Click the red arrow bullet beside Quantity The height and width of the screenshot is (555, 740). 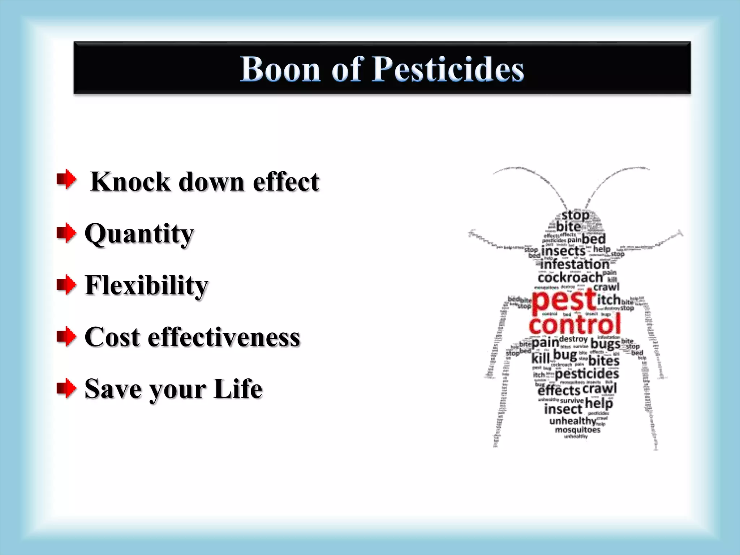tap(66, 233)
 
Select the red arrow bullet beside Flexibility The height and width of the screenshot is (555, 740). tap(66, 285)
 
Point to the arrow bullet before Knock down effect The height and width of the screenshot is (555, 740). tap(66, 179)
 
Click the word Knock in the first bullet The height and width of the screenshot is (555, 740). tap(130, 181)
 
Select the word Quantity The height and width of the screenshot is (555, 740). tap(139, 234)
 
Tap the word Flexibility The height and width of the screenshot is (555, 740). tap(146, 285)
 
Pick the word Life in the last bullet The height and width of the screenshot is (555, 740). tap(238, 389)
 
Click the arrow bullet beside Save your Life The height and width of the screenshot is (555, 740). tap(66, 388)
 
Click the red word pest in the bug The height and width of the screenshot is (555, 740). tap(564, 301)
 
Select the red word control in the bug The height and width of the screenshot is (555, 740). tap(575, 324)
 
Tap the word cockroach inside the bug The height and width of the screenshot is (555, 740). tap(570, 277)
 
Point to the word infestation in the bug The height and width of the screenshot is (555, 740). tap(575, 264)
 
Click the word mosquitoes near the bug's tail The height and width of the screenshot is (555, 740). tap(577, 430)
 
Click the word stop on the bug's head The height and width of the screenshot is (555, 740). tap(575, 215)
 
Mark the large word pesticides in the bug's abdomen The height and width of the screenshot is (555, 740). tap(587, 374)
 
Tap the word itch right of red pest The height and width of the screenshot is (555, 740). tap(608, 300)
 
